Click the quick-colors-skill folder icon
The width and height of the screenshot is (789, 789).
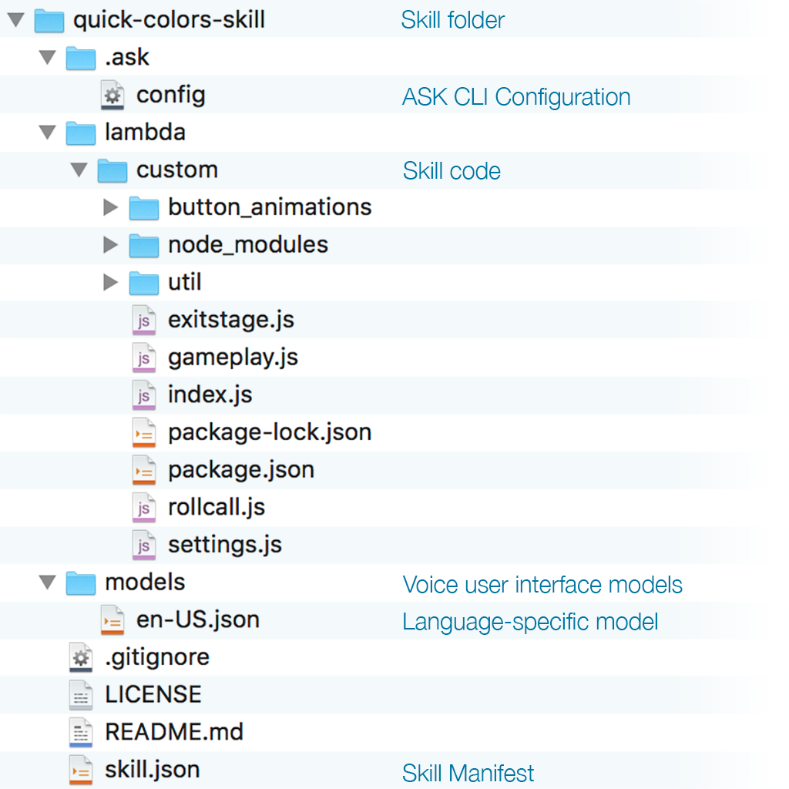pyautogui.click(x=49, y=21)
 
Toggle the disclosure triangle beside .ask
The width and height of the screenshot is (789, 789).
pyautogui.click(x=48, y=57)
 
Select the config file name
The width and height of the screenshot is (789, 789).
pyautogui.click(x=171, y=96)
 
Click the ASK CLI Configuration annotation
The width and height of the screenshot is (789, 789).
pyautogui.click(x=516, y=97)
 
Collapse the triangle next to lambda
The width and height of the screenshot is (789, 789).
pyautogui.click(x=48, y=133)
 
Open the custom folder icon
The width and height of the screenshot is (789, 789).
pyautogui.click(x=112, y=171)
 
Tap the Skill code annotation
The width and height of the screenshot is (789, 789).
pyautogui.click(x=452, y=171)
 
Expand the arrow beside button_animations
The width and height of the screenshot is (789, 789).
pyautogui.click(x=110, y=206)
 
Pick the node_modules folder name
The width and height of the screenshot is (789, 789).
pyautogui.click(x=248, y=245)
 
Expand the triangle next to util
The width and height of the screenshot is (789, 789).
pyautogui.click(x=110, y=282)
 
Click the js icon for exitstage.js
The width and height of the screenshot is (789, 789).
pyautogui.click(x=144, y=320)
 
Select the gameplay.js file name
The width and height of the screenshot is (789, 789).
pyautogui.click(x=233, y=358)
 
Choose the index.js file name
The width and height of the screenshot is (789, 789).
pyautogui.click(x=210, y=394)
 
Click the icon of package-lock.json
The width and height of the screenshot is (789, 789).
pyautogui.click(x=144, y=433)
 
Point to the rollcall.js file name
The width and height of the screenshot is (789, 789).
pyautogui.click(x=217, y=507)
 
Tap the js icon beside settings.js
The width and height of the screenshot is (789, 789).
pyautogui.click(x=144, y=546)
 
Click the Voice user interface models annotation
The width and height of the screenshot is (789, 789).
pyautogui.click(x=542, y=585)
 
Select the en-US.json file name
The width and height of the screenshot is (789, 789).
pyautogui.click(x=198, y=620)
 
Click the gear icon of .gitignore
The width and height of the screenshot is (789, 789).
pyautogui.click(x=81, y=658)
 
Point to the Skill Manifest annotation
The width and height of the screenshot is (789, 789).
pyautogui.click(x=468, y=773)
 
